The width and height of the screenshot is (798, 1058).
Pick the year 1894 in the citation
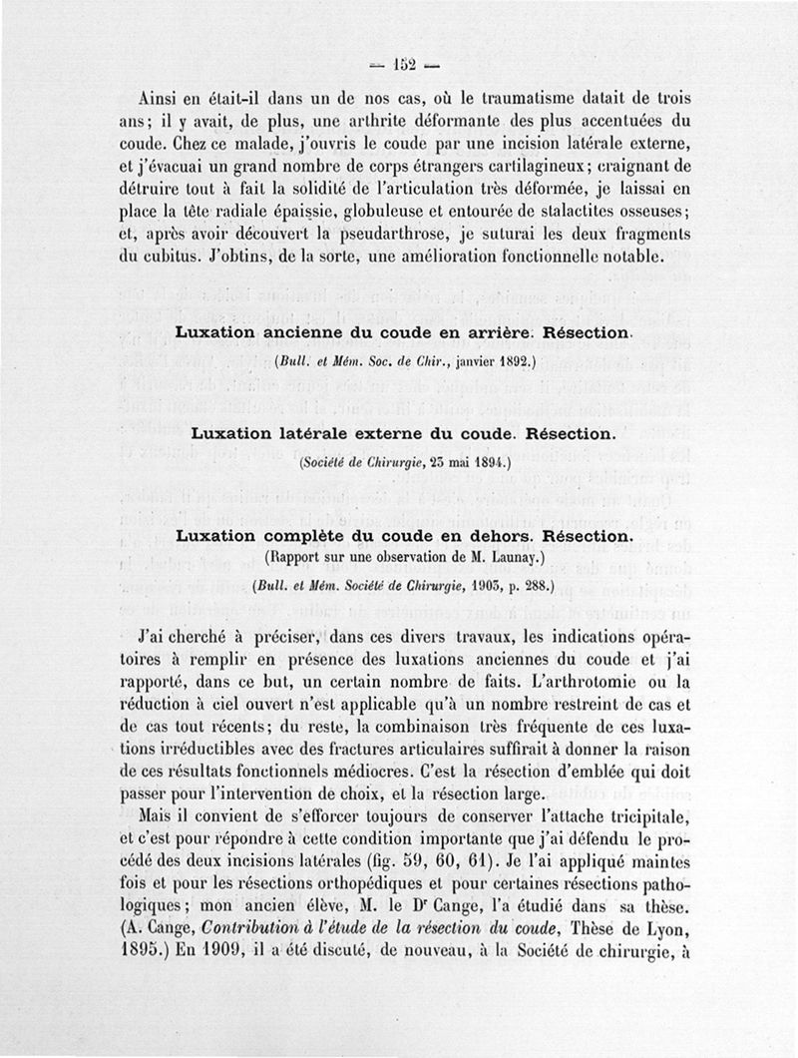tap(487, 464)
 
